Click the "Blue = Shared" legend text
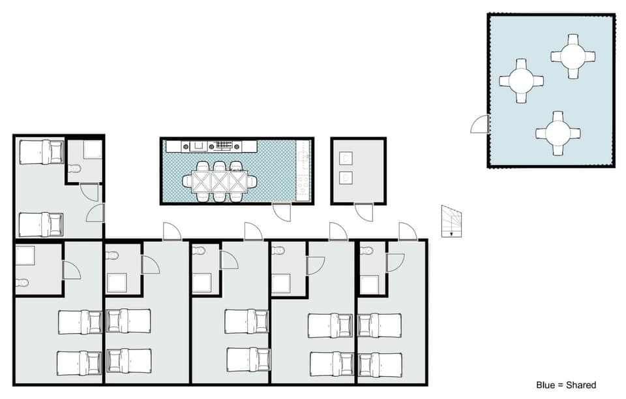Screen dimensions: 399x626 click(x=565, y=385)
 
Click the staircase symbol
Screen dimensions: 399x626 click(x=451, y=221)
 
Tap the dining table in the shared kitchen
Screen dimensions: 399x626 click(x=218, y=180)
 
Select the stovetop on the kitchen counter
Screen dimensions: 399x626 click(x=224, y=146)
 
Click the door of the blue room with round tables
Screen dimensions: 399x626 click(x=481, y=124)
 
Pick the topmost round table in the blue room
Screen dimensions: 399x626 click(x=573, y=56)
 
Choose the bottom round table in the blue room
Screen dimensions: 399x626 click(x=558, y=133)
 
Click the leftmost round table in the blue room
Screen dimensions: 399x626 click(x=521, y=80)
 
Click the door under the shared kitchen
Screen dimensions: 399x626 click(x=283, y=212)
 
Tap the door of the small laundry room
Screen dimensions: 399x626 click(x=364, y=212)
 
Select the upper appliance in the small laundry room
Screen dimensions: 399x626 click(x=346, y=158)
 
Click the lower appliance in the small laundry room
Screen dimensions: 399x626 click(x=346, y=177)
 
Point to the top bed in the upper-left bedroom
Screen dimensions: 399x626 click(x=41, y=152)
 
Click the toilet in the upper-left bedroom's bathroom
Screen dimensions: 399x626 click(x=74, y=168)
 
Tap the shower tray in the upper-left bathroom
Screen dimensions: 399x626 click(x=92, y=150)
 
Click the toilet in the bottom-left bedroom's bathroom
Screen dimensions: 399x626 click(x=22, y=283)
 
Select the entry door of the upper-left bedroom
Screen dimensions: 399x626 click(x=95, y=212)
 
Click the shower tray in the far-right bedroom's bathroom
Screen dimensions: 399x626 click(x=369, y=285)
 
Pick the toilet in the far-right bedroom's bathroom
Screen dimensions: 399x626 click(x=366, y=250)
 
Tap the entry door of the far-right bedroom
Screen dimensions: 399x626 click(x=408, y=232)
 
